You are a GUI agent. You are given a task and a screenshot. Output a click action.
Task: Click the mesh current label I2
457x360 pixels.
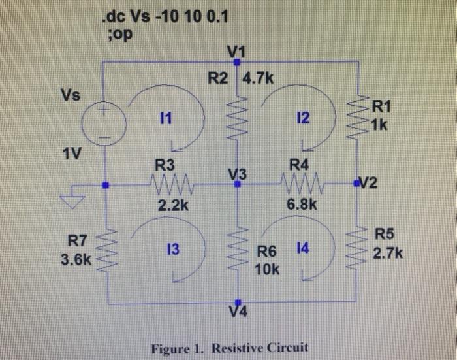302,120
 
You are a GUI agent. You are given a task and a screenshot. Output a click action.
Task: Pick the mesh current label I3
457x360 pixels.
174,249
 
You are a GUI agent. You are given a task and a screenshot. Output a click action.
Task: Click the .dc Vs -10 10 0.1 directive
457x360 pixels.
166,16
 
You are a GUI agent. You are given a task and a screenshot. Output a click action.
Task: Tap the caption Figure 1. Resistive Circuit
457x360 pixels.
229,347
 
